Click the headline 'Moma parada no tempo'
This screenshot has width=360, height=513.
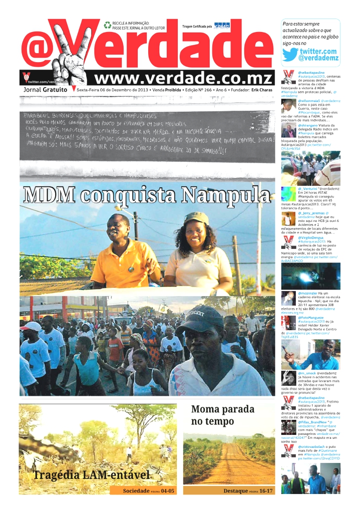pos(222,416)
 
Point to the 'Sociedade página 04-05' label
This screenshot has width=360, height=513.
pos(149,491)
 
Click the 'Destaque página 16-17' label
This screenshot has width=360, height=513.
pos(248,491)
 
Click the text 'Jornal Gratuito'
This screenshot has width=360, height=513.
pos(46,90)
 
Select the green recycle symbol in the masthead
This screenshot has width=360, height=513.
pos(108,25)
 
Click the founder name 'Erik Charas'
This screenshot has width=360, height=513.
pos(262,90)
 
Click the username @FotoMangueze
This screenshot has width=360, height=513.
pos(312,318)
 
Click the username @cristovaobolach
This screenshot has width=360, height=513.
pos(315,446)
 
